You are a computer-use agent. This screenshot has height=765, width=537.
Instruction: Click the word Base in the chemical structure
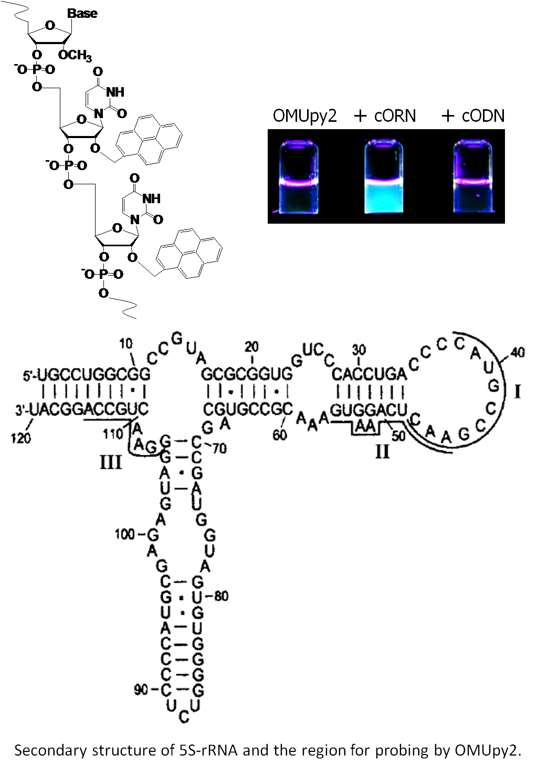point(82,13)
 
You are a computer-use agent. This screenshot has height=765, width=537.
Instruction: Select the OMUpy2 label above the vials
point(304,116)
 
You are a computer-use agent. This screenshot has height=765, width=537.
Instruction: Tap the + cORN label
point(385,116)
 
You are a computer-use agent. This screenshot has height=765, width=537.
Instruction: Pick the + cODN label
point(473,116)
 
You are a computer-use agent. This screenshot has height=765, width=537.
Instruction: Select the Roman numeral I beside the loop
point(517,392)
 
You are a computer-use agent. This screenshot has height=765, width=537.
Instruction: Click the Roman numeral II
point(383,451)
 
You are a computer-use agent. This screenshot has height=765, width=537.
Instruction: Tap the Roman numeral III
point(111,462)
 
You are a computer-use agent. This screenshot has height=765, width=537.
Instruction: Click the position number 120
point(21,437)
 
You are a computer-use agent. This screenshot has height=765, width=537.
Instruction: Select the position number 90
point(141,689)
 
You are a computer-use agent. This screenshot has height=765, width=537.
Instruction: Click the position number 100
point(125,534)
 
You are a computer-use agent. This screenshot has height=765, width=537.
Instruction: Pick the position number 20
point(251,347)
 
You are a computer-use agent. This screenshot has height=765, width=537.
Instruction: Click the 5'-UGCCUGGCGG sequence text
point(87,375)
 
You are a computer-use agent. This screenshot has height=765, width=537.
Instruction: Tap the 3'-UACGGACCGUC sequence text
point(81,409)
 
